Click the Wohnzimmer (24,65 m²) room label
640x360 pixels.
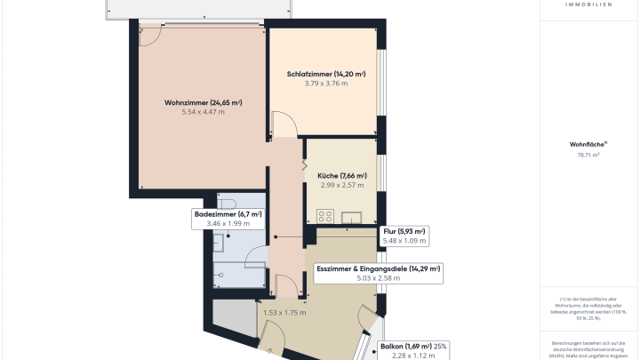pyautogui.click(x=204, y=103)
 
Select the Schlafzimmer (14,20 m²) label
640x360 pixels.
pyautogui.click(x=326, y=74)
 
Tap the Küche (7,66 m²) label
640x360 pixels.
pyautogui.click(x=342, y=176)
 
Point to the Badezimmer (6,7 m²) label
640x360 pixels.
pyautogui.click(x=228, y=214)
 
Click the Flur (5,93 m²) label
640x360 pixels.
pyautogui.click(x=404, y=231)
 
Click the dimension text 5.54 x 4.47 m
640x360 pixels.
pyautogui.click(x=204, y=113)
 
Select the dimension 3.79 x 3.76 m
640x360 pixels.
pyautogui.click(x=326, y=84)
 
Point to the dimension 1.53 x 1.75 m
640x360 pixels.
pyautogui.click(x=284, y=313)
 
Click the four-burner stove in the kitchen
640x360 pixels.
pyautogui.click(x=324, y=215)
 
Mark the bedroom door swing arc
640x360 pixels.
pyautogui.click(x=283, y=124)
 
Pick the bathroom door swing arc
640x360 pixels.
pyautogui.click(x=252, y=259)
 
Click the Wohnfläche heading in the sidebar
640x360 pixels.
pyautogui.click(x=588, y=143)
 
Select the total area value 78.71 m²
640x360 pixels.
pyautogui.click(x=588, y=155)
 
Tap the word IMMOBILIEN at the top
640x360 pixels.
pyautogui.click(x=588, y=4)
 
